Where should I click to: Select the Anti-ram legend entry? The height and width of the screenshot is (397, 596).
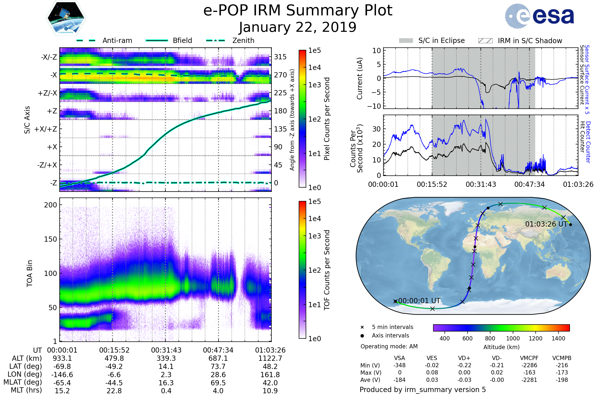click(x=117, y=40)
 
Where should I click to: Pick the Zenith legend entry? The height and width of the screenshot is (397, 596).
click(x=243, y=40)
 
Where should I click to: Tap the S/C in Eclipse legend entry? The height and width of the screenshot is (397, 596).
click(x=441, y=40)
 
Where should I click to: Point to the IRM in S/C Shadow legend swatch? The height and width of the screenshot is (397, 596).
click(x=485, y=41)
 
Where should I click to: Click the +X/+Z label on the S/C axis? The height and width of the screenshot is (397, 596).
click(x=46, y=129)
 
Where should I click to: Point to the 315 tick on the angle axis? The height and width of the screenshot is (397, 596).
click(x=280, y=57)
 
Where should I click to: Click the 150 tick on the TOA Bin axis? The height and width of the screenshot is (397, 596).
click(x=50, y=239)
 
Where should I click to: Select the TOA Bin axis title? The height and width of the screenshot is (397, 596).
click(x=29, y=273)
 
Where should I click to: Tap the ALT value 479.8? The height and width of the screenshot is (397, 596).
click(x=114, y=358)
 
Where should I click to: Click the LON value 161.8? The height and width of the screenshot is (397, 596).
click(x=270, y=374)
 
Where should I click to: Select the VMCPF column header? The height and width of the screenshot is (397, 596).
click(x=529, y=358)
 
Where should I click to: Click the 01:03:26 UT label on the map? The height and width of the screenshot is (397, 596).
click(x=546, y=224)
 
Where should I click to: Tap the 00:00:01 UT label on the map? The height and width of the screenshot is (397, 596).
click(x=419, y=301)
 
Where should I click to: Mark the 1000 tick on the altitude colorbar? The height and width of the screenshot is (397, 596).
click(x=513, y=338)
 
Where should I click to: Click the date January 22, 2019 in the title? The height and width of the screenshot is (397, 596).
click(x=298, y=27)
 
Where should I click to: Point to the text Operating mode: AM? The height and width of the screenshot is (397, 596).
click(x=389, y=346)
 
